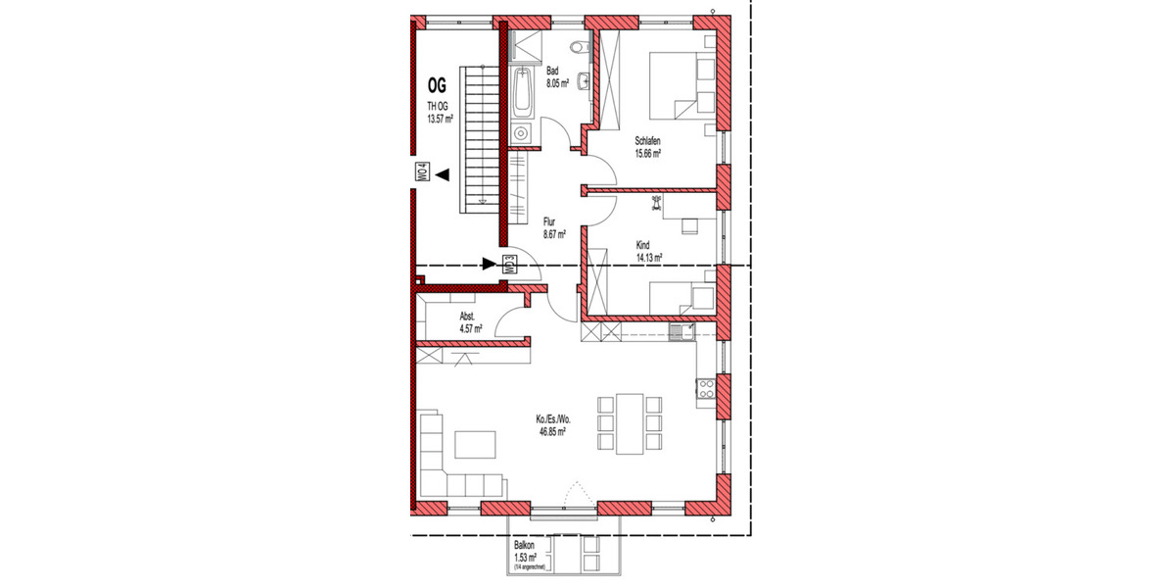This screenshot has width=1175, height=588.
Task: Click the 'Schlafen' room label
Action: click(647, 141)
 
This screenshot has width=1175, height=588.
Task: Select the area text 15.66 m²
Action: click(648, 153)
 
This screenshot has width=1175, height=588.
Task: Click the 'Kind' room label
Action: click(643, 246)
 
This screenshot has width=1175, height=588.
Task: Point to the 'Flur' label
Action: click(549, 223)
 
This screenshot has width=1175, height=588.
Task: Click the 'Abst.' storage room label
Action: click(468, 318)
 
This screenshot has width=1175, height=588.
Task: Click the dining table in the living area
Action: click(629, 423)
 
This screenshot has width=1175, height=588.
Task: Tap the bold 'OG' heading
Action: click(437, 85)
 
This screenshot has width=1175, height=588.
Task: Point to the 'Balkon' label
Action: click(526, 546)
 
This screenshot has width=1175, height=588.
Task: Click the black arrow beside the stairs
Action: click(443, 175)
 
